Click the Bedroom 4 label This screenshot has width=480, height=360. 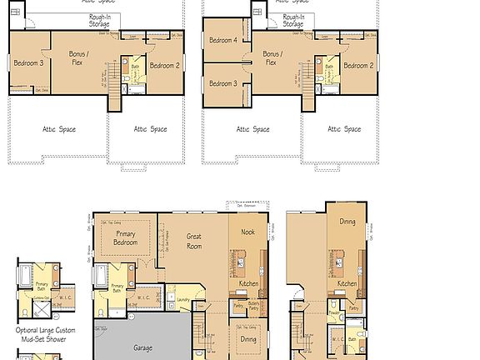click(222, 40)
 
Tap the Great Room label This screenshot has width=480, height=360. click(193, 241)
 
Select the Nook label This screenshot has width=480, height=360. click(247, 232)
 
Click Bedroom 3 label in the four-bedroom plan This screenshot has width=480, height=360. click(222, 83)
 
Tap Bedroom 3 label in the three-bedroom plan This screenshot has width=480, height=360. click(29, 62)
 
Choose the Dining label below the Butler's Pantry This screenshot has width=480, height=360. click(248, 339)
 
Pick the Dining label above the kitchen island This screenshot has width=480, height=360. click(347, 221)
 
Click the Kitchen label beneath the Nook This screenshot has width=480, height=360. click(248, 284)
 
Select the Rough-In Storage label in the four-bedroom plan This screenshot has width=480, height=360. click(292, 21)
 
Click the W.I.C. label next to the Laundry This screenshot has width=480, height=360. click(143, 297)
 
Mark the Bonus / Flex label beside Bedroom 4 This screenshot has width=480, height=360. click(272, 57)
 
